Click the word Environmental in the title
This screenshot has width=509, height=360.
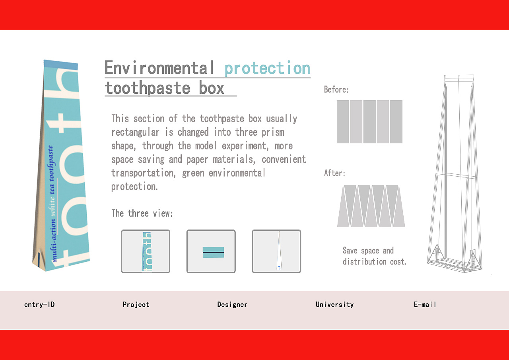[159, 68]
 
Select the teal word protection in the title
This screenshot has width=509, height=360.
[268, 68]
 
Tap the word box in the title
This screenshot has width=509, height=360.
[212, 88]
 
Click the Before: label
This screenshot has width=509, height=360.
[336, 90]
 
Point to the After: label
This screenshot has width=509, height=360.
[334, 173]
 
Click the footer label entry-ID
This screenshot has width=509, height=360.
[39, 304]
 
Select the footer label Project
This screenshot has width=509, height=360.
[136, 305]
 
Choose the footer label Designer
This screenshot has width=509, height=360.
[232, 305]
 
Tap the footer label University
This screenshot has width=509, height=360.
[334, 305]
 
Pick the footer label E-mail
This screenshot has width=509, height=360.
[425, 304]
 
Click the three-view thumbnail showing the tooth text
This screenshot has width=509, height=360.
[146, 251]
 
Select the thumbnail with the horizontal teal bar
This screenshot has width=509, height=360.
[211, 251]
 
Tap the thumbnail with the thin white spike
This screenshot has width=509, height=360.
[276, 251]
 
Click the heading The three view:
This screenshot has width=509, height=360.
[142, 213]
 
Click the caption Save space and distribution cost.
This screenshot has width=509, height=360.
[375, 256]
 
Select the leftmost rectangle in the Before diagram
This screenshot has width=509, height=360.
[343, 122]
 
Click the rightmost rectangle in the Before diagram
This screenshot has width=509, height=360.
[396, 122]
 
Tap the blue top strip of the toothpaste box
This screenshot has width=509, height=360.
[61, 65]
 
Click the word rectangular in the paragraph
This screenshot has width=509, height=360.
[136, 132]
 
